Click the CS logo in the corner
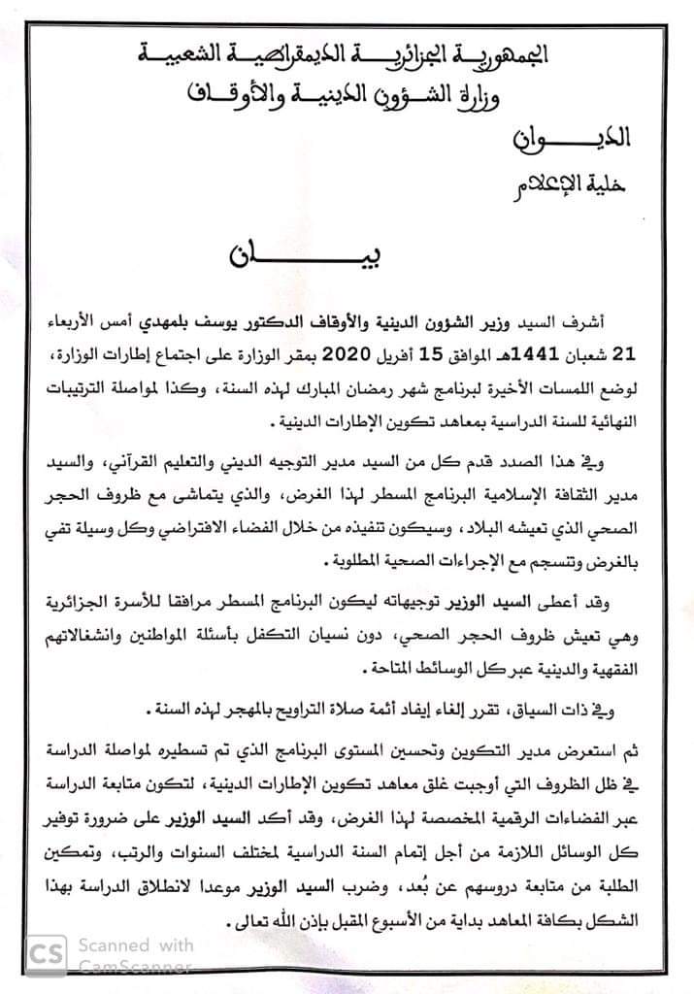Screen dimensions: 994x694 tap(46, 956)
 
